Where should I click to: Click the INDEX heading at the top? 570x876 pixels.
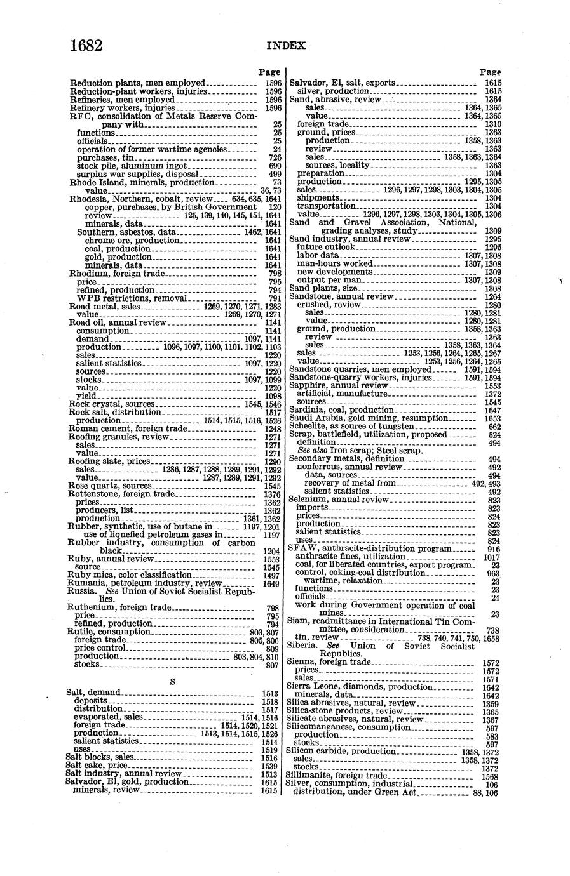point(286,46)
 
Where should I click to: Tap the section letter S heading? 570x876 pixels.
point(173,681)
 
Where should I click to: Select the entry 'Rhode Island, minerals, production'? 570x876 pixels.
point(142,182)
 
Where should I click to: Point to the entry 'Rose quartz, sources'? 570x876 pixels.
point(110,486)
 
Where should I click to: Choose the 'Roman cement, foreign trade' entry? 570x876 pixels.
point(128,428)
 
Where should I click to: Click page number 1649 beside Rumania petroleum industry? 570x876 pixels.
point(271,583)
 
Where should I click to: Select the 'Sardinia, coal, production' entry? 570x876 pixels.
point(342,410)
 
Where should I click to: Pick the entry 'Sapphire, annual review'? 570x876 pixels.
point(338,385)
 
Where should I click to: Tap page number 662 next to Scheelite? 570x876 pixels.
point(494,427)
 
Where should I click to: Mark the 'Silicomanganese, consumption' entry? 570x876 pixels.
point(349,727)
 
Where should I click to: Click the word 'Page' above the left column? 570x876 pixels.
point(270,72)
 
